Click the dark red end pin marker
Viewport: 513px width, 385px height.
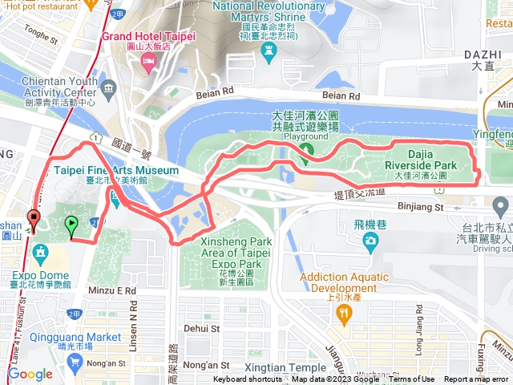coord(33,217)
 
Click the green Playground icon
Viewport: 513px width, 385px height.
coord(305,153)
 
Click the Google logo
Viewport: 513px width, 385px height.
coord(30,374)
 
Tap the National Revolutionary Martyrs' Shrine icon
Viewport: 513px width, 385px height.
coord(267,51)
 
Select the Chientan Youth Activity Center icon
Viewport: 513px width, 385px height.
coord(107,87)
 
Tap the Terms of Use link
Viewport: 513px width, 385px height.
coord(413,379)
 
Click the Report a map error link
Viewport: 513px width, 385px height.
coord(476,379)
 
